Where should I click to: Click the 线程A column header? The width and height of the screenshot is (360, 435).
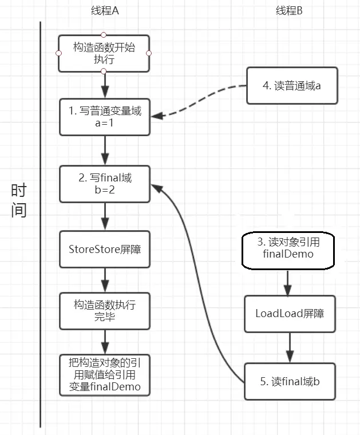[x=105, y=11]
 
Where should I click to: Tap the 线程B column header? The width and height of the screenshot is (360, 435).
[x=289, y=11]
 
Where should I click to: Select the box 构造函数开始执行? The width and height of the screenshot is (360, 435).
[x=104, y=53]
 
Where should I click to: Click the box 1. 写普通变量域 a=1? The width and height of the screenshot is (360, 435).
[x=105, y=117]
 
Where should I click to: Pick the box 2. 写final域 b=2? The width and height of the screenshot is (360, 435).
[x=105, y=184]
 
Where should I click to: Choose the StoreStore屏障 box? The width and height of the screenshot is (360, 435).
[x=105, y=249]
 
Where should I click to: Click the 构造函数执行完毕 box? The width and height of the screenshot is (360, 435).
[x=105, y=311]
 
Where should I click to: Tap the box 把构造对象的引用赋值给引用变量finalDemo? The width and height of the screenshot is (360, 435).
[x=105, y=375]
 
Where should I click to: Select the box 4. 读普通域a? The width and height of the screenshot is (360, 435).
[x=292, y=85]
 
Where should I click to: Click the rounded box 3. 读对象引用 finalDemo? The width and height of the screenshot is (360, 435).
[x=288, y=251]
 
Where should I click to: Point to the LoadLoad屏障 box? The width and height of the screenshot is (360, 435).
[x=290, y=314]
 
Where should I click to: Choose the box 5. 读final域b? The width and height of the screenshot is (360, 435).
[x=290, y=381]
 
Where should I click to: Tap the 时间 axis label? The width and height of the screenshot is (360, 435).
[x=19, y=200]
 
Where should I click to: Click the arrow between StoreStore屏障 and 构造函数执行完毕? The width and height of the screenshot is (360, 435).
[x=105, y=280]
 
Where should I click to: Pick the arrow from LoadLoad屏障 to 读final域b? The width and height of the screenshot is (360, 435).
[x=290, y=347]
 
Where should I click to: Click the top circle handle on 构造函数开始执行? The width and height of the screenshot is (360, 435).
[x=104, y=35]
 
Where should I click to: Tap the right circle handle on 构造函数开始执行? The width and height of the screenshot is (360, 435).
[x=149, y=53]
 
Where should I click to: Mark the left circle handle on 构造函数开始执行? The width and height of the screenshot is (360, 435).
[x=58, y=53]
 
